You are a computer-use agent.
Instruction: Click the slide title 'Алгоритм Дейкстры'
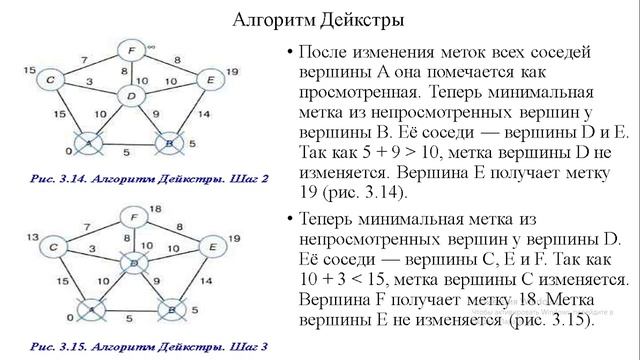(319, 20)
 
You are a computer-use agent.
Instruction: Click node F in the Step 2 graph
(131, 51)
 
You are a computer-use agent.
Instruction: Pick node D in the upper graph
(130, 97)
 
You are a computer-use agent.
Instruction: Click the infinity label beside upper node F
(150, 44)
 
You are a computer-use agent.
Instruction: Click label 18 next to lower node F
(156, 207)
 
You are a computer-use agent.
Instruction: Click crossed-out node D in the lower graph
(130, 262)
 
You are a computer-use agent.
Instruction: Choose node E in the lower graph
(211, 244)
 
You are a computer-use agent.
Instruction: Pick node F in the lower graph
(131, 217)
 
